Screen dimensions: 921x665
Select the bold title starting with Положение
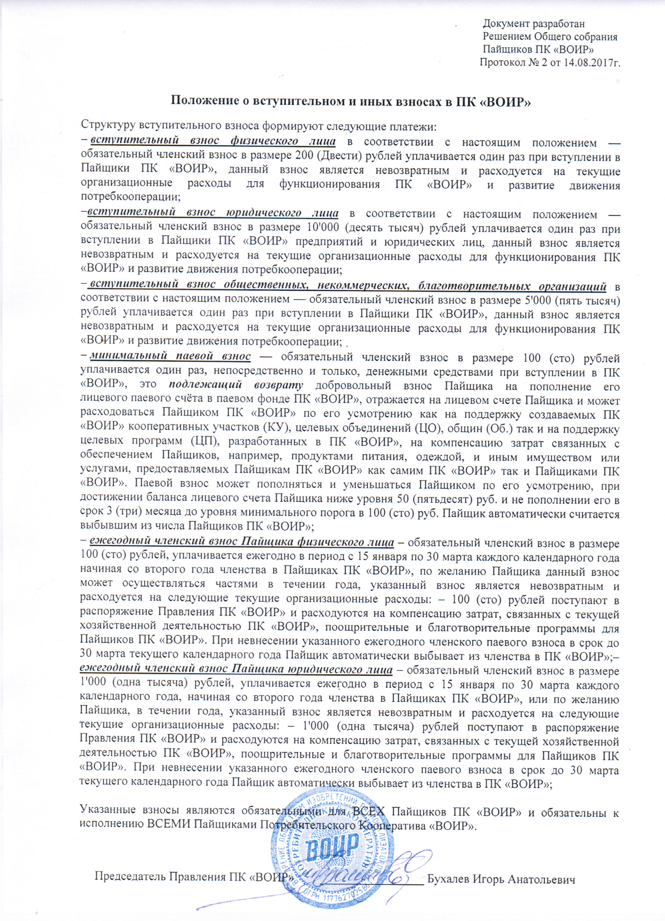(350, 101)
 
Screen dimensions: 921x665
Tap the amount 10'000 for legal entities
(317, 228)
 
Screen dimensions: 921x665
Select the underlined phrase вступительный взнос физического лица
(213, 141)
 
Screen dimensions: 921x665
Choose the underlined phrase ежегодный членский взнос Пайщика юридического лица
(236, 669)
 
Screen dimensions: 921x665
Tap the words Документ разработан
(533, 24)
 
